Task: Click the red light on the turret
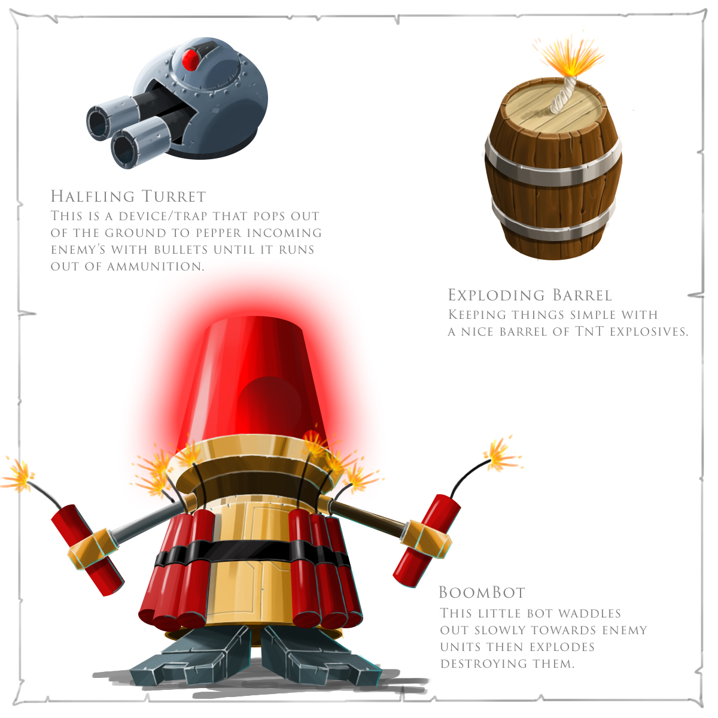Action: (x=190, y=60)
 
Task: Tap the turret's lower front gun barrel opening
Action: (x=124, y=150)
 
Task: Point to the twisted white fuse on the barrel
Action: (x=563, y=96)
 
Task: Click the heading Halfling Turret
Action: (x=128, y=196)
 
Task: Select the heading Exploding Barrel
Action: (x=530, y=295)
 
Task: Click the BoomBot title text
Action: (x=482, y=592)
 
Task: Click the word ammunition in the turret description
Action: (x=156, y=267)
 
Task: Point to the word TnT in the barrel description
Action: (x=589, y=331)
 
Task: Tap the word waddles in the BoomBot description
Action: (x=590, y=613)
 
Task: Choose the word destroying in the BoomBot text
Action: (x=483, y=664)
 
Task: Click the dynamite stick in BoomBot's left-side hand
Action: (x=87, y=550)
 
